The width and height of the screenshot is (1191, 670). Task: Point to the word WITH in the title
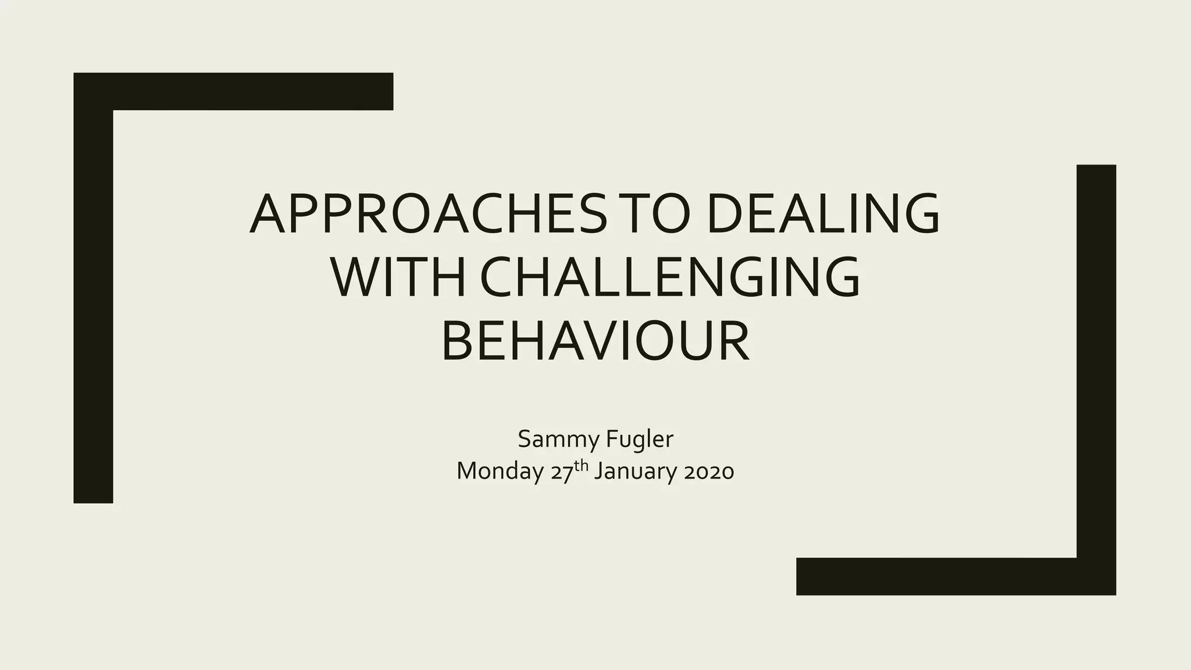click(x=398, y=277)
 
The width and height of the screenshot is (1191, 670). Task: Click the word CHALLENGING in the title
click(x=670, y=277)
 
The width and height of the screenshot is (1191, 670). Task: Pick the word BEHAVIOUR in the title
click(x=595, y=342)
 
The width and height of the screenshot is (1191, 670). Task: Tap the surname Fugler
click(x=639, y=440)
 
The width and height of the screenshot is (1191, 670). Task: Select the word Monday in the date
click(x=500, y=471)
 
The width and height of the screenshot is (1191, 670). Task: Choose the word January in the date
click(x=636, y=471)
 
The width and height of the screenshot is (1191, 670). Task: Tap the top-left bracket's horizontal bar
click(x=250, y=91)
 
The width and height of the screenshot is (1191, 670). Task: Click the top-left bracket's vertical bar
click(x=93, y=302)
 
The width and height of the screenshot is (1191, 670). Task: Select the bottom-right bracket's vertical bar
click(x=1096, y=361)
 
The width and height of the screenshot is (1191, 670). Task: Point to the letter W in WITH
click(x=355, y=277)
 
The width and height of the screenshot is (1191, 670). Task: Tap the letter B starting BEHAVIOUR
click(x=458, y=342)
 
